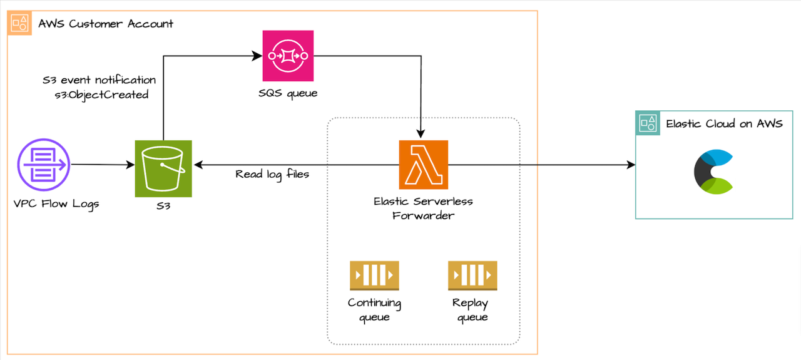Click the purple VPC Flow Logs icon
point(42,165)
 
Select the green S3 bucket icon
point(163,168)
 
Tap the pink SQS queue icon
point(288,56)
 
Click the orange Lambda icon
point(424,164)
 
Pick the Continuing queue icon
point(374,275)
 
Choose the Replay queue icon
point(472,275)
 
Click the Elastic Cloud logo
point(713,171)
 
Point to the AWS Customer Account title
point(106,24)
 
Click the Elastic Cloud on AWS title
point(724,123)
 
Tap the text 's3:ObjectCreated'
point(102,95)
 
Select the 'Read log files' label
point(272,174)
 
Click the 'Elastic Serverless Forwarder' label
point(423,208)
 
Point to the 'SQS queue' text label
point(288,93)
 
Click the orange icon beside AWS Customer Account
point(19,23)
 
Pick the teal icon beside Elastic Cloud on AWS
point(648,123)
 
